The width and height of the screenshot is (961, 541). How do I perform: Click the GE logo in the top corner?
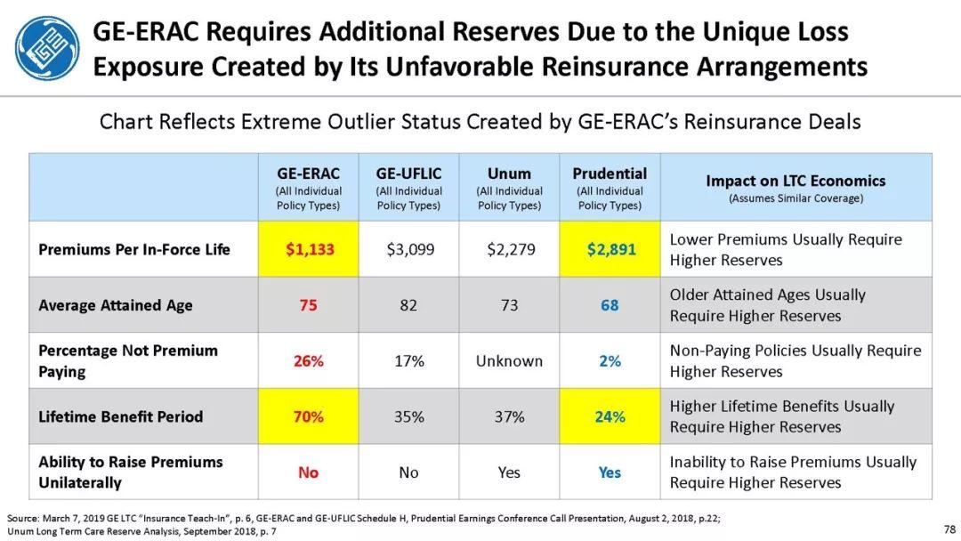click(x=47, y=48)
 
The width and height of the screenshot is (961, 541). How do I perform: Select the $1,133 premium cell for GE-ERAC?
click(x=308, y=249)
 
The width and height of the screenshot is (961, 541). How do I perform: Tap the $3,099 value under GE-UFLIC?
click(x=409, y=249)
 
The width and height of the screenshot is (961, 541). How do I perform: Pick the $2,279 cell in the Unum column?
click(x=510, y=249)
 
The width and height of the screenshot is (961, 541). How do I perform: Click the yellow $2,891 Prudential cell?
click(x=610, y=249)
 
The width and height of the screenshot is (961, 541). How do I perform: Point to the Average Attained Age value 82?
click(x=408, y=305)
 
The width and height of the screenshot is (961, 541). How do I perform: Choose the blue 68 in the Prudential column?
click(x=610, y=305)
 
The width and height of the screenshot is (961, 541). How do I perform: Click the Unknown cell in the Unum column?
click(x=509, y=361)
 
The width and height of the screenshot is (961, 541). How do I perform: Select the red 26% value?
click(x=308, y=361)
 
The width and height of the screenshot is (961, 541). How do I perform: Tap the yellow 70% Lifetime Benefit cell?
click(x=308, y=416)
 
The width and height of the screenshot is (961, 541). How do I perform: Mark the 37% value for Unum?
click(x=509, y=416)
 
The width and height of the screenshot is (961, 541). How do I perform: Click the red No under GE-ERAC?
click(x=308, y=472)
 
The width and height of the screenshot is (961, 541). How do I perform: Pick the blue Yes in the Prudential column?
click(x=610, y=472)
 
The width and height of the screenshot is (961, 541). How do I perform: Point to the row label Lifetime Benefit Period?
click(x=121, y=416)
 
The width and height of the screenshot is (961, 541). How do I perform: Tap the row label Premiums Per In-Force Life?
click(x=134, y=249)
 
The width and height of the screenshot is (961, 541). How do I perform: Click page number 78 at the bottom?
click(x=949, y=529)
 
